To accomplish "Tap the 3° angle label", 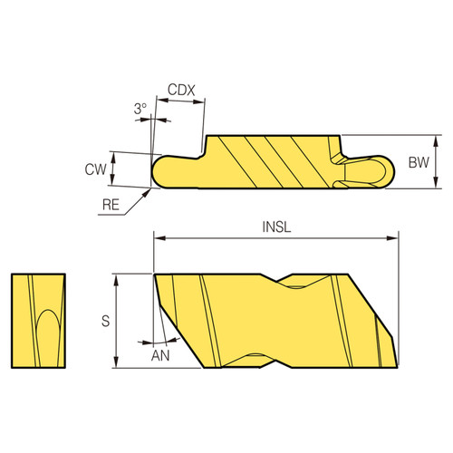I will click(140, 109).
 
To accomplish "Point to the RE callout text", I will click(111, 206).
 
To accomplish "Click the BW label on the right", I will click(418, 163).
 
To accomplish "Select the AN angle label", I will click(159, 355).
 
